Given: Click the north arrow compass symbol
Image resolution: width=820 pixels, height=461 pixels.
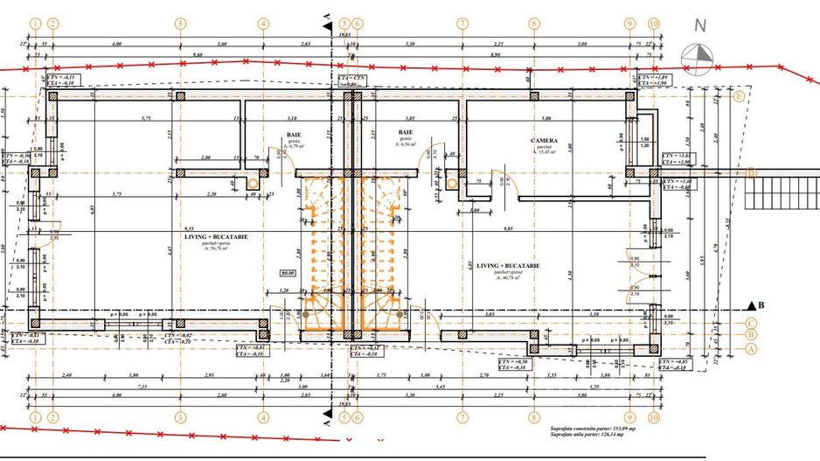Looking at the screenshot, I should tap(699, 51).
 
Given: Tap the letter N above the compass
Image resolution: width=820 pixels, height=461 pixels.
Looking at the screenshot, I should tap(698, 27).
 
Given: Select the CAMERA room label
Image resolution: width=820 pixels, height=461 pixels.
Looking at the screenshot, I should tap(548, 139).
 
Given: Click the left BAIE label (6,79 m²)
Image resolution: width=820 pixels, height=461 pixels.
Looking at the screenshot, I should tap(294, 135).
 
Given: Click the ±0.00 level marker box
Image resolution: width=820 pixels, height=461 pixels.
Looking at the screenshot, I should tap(287, 273).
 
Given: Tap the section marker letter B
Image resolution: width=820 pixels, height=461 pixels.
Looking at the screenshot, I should tap(761, 305).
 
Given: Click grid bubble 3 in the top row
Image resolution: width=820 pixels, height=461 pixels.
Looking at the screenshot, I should tap(179, 24).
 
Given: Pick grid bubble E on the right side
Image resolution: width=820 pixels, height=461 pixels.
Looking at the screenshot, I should tap(739, 96).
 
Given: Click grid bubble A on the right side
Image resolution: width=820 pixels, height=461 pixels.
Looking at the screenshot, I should tap(750, 347).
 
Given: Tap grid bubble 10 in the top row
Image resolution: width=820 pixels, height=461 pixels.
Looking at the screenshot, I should tap(652, 24).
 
